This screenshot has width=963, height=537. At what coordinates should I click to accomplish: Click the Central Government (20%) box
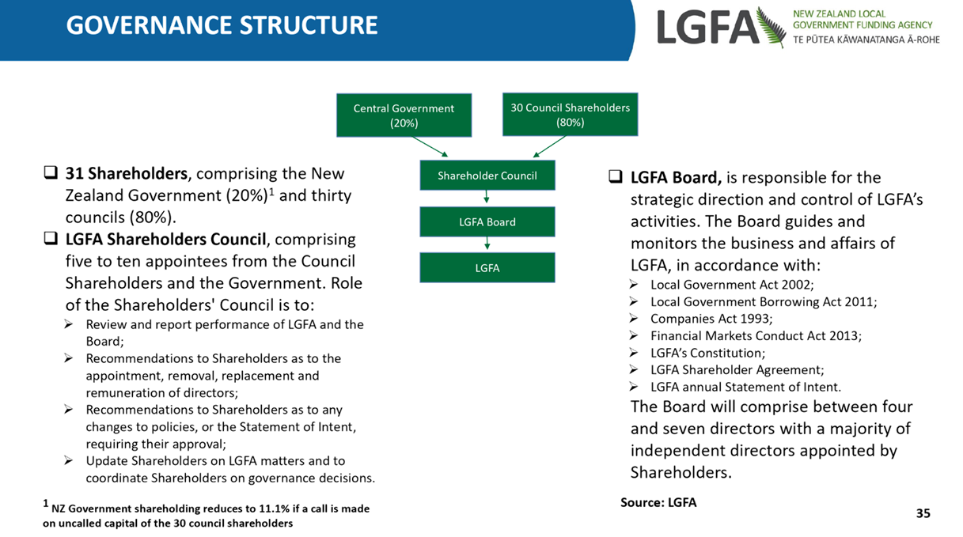[404, 115]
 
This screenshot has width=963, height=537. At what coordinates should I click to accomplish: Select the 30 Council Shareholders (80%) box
[570, 114]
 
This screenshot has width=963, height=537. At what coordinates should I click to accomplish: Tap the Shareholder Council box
[487, 176]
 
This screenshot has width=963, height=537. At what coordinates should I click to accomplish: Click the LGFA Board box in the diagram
[487, 221]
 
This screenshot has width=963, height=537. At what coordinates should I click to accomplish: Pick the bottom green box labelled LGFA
[487, 267]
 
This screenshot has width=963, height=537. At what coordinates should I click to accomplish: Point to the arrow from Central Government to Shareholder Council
[430, 146]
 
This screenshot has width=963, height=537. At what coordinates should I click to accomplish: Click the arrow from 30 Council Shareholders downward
[549, 146]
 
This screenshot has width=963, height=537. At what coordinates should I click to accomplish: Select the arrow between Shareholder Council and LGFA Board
[487, 197]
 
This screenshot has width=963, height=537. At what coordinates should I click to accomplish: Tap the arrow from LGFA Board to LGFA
[487, 243]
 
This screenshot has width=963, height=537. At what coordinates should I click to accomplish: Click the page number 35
[923, 513]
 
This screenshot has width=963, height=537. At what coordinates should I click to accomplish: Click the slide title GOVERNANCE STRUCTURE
[222, 25]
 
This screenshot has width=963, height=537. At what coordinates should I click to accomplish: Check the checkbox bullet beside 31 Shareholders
[51, 172]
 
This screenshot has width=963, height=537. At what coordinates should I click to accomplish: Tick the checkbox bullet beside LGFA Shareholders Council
[51, 238]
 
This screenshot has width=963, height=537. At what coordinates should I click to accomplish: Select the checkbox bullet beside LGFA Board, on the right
[616, 176]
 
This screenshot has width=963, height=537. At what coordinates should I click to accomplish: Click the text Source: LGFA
[658, 502]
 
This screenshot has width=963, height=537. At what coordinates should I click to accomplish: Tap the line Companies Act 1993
[711, 319]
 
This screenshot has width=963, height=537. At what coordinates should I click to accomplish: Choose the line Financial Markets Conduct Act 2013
[756, 335]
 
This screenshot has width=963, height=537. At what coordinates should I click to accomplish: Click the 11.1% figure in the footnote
[275, 509]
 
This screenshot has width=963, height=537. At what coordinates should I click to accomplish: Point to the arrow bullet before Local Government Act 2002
[634, 285]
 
